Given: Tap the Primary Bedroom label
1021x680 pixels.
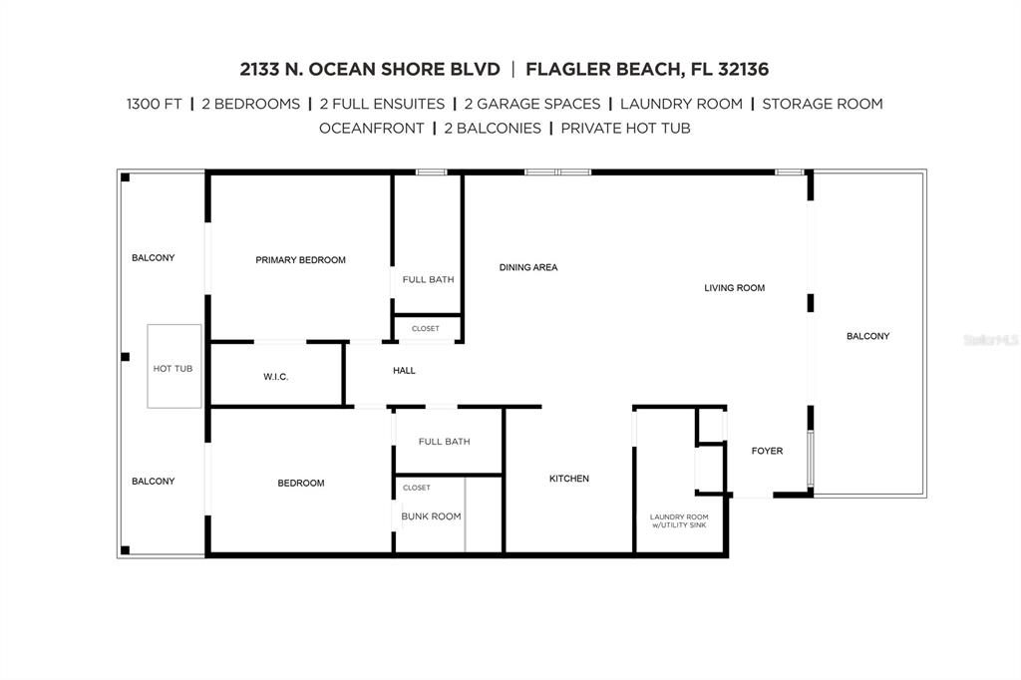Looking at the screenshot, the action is click(x=300, y=260).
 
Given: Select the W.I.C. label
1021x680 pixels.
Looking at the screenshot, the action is click(x=275, y=377).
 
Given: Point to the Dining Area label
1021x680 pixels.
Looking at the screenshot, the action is click(x=528, y=267).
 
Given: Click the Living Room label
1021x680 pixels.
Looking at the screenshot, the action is click(x=735, y=288).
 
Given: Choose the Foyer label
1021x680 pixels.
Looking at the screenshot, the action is click(x=767, y=451).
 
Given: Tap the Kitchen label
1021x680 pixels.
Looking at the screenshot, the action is click(x=569, y=479).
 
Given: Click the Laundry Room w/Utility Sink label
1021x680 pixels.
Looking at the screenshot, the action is click(x=679, y=520).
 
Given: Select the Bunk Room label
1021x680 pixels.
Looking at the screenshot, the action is click(x=431, y=516).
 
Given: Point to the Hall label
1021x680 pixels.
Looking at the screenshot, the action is click(x=404, y=371).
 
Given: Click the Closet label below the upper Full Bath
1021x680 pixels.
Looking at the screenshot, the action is click(x=425, y=329).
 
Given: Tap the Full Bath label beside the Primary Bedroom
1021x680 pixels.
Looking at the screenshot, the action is click(x=428, y=279).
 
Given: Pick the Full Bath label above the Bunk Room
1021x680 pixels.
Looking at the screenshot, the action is click(x=444, y=442).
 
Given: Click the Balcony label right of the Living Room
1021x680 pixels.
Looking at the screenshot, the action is click(x=868, y=336).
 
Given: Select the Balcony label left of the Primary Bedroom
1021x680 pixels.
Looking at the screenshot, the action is click(x=153, y=258).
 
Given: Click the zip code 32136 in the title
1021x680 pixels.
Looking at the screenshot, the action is click(x=743, y=69).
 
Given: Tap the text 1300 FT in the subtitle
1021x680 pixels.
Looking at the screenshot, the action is click(x=155, y=105).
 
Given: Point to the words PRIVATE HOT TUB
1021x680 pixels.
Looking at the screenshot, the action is click(x=625, y=129).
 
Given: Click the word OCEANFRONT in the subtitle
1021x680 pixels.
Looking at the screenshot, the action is click(x=371, y=129).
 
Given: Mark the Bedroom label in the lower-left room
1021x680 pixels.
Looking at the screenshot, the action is click(x=301, y=484).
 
